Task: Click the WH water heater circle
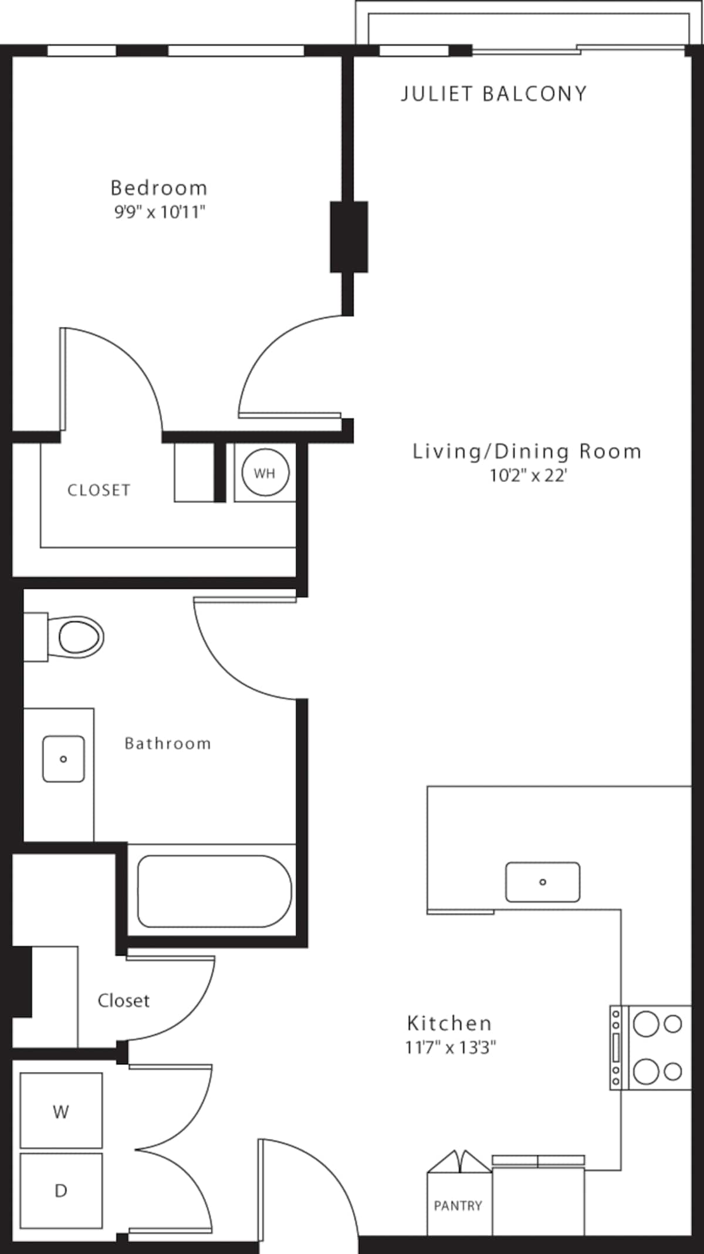pos(265,473)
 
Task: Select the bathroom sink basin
pos(63,759)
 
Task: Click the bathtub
pos(214,891)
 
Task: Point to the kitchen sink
pos(543,882)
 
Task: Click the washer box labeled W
pos(61,1111)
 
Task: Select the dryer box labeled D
pos(61,1191)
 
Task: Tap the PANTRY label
pos(458,1206)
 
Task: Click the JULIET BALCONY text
pos(494,94)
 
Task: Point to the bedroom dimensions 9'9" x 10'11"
pos(160,212)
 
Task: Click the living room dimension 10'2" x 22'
pos(528,476)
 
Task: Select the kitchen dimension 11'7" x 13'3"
pos(451,1047)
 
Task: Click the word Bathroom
pos(168,744)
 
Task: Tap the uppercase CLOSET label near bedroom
pos(99,490)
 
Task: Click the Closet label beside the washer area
pos(123,1000)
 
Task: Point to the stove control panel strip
pos(615,1048)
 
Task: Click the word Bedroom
pos(159,188)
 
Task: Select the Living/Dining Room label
pos(527,451)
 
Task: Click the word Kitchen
pos(449,1023)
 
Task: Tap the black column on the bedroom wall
pos(349,237)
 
